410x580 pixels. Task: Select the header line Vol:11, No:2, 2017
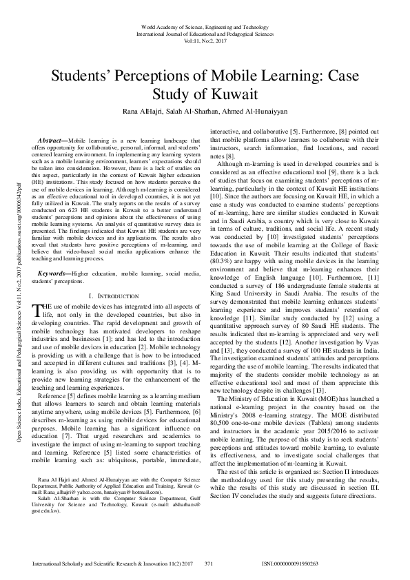205,40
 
